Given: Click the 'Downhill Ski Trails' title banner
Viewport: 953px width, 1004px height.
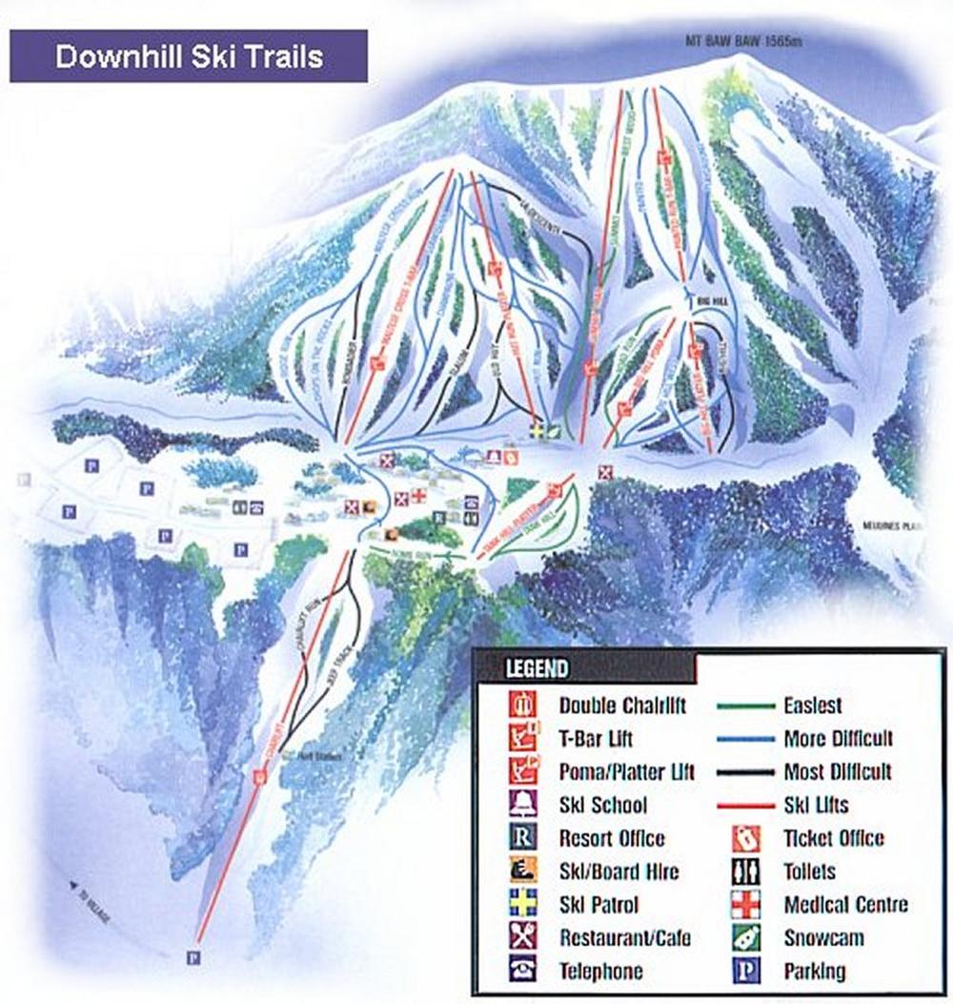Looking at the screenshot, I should (x=188, y=56).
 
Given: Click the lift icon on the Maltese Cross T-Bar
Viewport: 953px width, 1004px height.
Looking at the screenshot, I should (x=377, y=359).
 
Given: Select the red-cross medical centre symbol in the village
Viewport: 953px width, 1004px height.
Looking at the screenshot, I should (x=417, y=495).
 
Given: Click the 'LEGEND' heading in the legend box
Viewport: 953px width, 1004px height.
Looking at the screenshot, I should (x=537, y=668).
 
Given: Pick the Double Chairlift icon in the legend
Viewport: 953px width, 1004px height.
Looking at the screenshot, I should (x=522, y=706).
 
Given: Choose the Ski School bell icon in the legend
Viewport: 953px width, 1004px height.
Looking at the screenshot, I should (x=522, y=805).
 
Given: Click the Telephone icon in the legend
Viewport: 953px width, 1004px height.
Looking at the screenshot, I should (x=522, y=971).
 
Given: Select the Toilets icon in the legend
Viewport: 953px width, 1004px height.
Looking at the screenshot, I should (x=744, y=871).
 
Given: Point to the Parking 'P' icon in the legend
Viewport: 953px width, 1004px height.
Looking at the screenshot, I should (x=744, y=971).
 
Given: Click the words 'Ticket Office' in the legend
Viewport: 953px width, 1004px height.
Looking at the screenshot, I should (x=833, y=838).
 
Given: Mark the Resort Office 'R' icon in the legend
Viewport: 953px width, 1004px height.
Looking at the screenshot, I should (x=522, y=838).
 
